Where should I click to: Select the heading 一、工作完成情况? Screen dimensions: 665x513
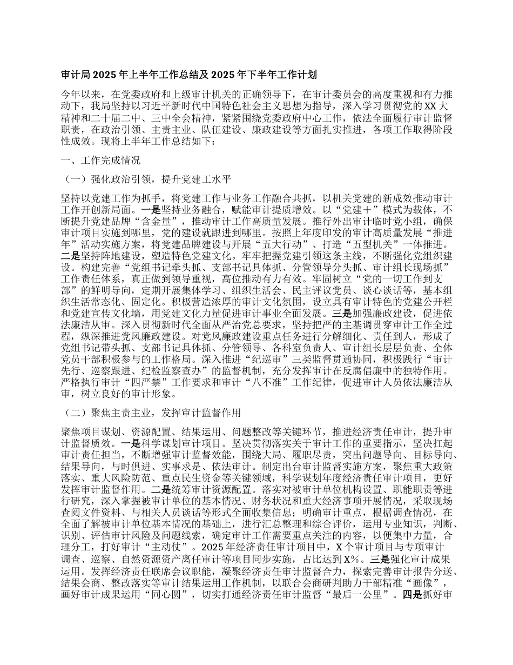[101, 161]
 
